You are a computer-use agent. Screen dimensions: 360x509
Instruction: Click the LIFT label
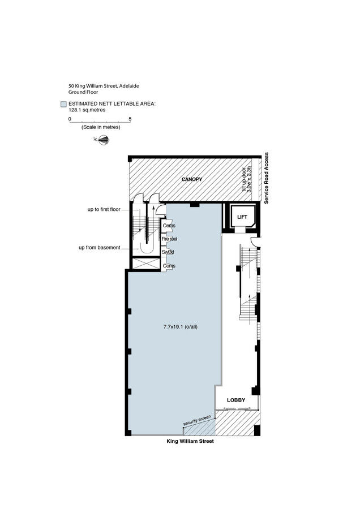coord(242,217)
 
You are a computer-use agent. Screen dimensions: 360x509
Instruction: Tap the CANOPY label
coord(192,179)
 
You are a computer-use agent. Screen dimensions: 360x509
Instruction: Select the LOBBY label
coord(236,400)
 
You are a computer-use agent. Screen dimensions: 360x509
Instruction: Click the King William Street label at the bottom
coord(190,441)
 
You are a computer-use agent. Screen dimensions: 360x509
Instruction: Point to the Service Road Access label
coord(267,178)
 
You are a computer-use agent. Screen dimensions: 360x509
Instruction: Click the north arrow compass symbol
coord(102,140)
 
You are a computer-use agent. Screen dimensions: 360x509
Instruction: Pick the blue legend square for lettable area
coord(63,104)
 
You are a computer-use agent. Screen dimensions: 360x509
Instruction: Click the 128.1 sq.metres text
coord(87,110)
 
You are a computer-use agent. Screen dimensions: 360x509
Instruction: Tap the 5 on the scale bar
coord(130,119)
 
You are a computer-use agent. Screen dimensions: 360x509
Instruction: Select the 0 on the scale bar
coord(70,119)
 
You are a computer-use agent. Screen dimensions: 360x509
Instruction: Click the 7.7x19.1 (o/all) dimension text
coord(181,327)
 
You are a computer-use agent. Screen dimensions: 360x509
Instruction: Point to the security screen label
coord(197,420)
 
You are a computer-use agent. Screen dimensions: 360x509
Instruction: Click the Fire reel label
coord(169,239)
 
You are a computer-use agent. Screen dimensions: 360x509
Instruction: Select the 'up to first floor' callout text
coord(104,209)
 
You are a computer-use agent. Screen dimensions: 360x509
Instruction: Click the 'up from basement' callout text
coord(100,247)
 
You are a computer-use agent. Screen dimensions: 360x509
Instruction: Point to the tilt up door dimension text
coord(247,179)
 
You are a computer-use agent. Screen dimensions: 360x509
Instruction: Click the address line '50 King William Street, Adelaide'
coord(104,86)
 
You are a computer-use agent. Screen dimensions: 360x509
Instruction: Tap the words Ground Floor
coord(83,92)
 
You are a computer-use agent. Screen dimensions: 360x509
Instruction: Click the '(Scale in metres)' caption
coord(101,127)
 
